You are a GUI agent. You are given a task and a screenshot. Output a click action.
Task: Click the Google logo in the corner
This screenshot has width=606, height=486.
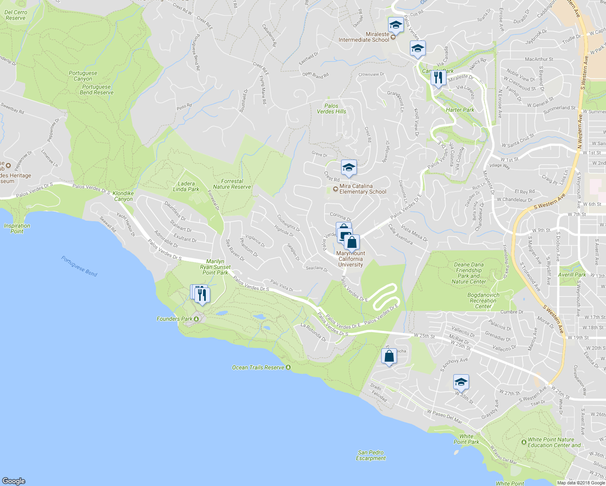tap(14, 481)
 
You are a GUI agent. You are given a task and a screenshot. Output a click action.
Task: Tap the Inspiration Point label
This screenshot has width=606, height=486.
tap(17, 228)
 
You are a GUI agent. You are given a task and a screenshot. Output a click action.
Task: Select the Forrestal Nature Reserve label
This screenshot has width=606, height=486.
tap(232, 184)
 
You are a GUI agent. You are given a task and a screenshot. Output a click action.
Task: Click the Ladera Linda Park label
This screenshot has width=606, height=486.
tap(186, 186)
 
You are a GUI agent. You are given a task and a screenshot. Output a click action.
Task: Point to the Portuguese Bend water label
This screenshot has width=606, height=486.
tap(79, 266)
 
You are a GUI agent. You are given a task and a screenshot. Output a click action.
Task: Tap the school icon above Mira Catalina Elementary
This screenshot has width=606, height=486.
tap(348, 168)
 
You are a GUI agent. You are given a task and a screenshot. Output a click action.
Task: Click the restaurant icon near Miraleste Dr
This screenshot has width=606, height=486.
tap(438, 77)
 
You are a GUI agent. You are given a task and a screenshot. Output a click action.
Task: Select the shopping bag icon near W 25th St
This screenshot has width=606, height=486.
tap(389, 356)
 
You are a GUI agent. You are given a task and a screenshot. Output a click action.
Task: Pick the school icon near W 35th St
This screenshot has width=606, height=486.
tap(461, 382)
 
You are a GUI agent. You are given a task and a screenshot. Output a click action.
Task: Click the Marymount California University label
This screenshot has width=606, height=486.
tap(351, 259)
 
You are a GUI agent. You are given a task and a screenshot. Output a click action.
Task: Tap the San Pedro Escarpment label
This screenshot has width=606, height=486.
tap(371, 455)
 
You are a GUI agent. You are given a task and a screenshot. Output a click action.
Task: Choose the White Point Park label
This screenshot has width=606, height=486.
tap(466, 439)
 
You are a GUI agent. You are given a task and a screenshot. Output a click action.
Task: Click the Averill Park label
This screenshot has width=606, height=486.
tap(572, 275)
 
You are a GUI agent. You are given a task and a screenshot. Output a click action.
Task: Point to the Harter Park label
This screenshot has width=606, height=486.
tap(460, 110)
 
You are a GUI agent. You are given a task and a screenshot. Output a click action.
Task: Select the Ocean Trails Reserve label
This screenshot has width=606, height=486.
tap(258, 367)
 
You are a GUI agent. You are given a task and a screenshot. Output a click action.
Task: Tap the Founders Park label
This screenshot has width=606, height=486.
tap(175, 319)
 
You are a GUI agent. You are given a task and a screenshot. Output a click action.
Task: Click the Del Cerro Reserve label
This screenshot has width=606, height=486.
tap(16, 15)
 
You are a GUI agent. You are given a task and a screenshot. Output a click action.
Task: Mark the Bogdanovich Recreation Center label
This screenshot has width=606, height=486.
tap(483, 301)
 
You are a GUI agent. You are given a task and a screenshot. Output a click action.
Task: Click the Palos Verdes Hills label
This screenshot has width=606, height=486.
tap(331, 109)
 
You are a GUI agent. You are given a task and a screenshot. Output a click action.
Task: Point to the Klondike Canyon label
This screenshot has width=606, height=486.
tap(123, 196)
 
